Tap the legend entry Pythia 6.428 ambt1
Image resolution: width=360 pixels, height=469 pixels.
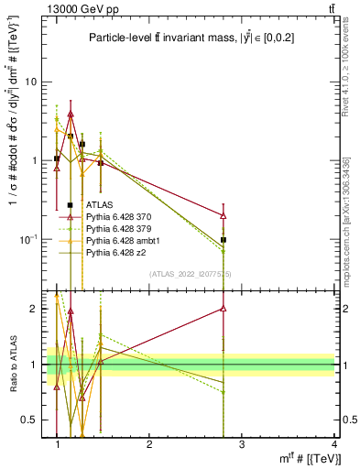tap(120, 239)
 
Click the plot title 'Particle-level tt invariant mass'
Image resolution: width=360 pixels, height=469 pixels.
tap(174, 38)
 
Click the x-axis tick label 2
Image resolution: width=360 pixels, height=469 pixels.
tap(150, 445)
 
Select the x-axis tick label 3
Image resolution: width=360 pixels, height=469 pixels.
tap(243, 445)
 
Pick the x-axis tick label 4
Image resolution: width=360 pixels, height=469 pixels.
tap(335, 445)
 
